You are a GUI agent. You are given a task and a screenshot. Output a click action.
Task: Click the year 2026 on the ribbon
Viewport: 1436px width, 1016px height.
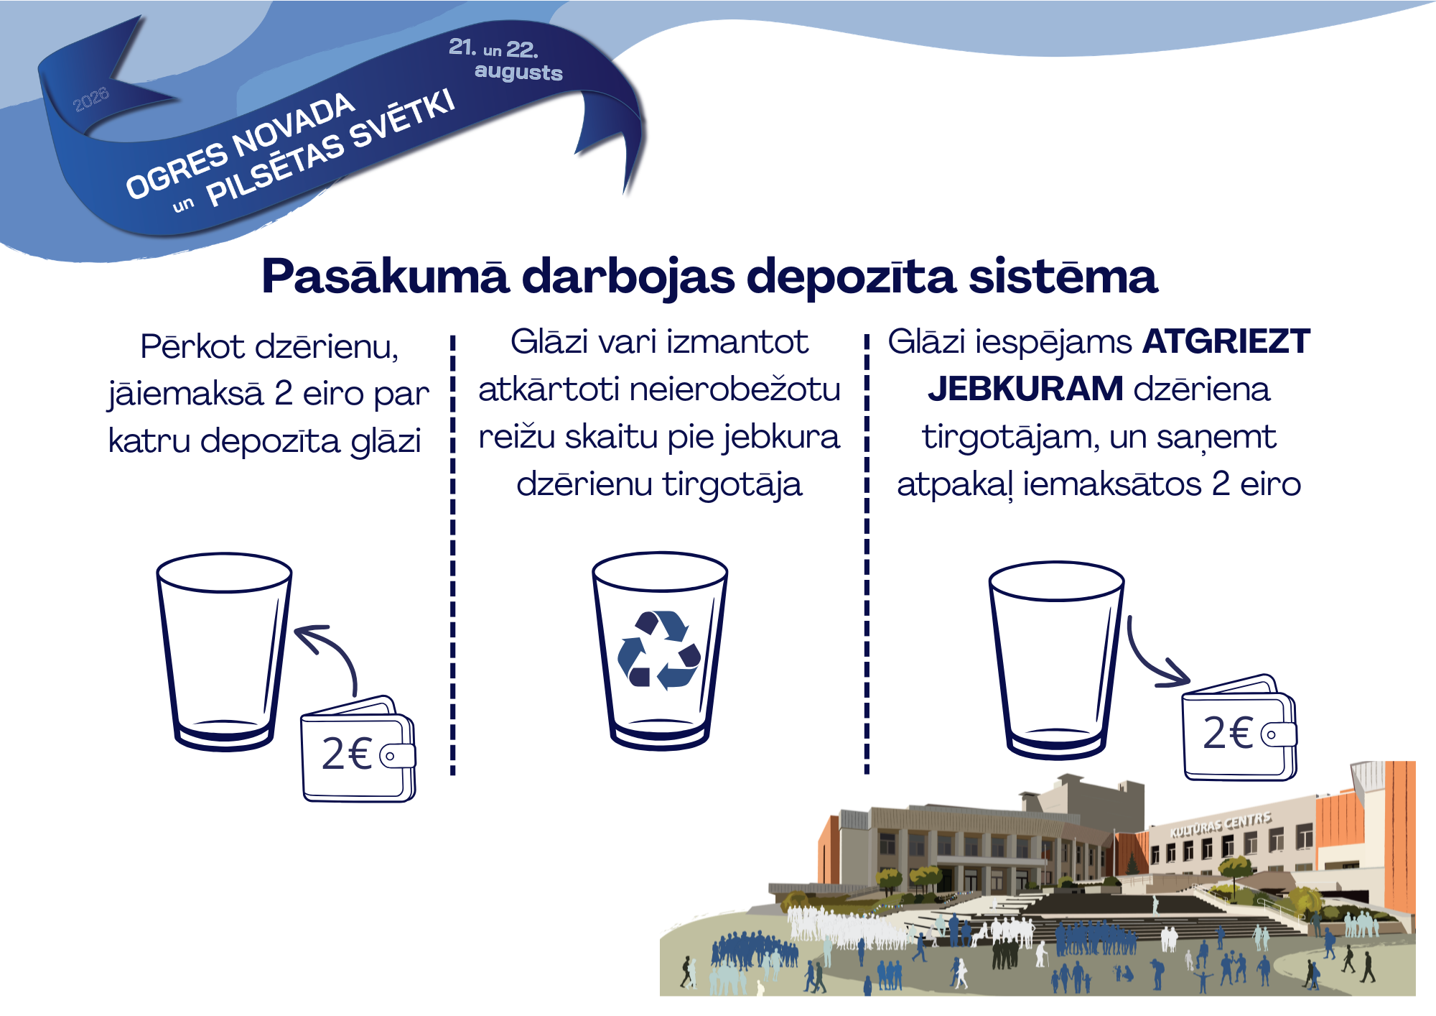(x=91, y=99)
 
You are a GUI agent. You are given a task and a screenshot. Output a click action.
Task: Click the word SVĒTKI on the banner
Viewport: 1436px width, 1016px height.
(x=403, y=119)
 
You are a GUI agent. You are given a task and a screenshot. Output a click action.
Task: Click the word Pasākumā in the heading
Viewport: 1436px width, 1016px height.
(x=386, y=277)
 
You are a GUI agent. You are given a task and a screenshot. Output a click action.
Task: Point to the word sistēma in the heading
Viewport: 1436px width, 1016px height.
(x=1063, y=277)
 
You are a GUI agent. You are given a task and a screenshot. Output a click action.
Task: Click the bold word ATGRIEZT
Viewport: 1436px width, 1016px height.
(x=1226, y=342)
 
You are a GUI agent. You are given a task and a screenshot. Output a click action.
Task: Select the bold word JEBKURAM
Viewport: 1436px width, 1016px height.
(x=1025, y=389)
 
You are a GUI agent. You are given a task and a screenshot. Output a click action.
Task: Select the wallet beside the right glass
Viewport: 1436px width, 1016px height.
(x=1239, y=727)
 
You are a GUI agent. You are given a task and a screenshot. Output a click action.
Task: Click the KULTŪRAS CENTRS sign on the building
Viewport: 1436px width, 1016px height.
(x=1220, y=824)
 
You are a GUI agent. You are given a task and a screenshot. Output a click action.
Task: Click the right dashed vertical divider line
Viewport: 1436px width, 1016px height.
(x=867, y=553)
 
